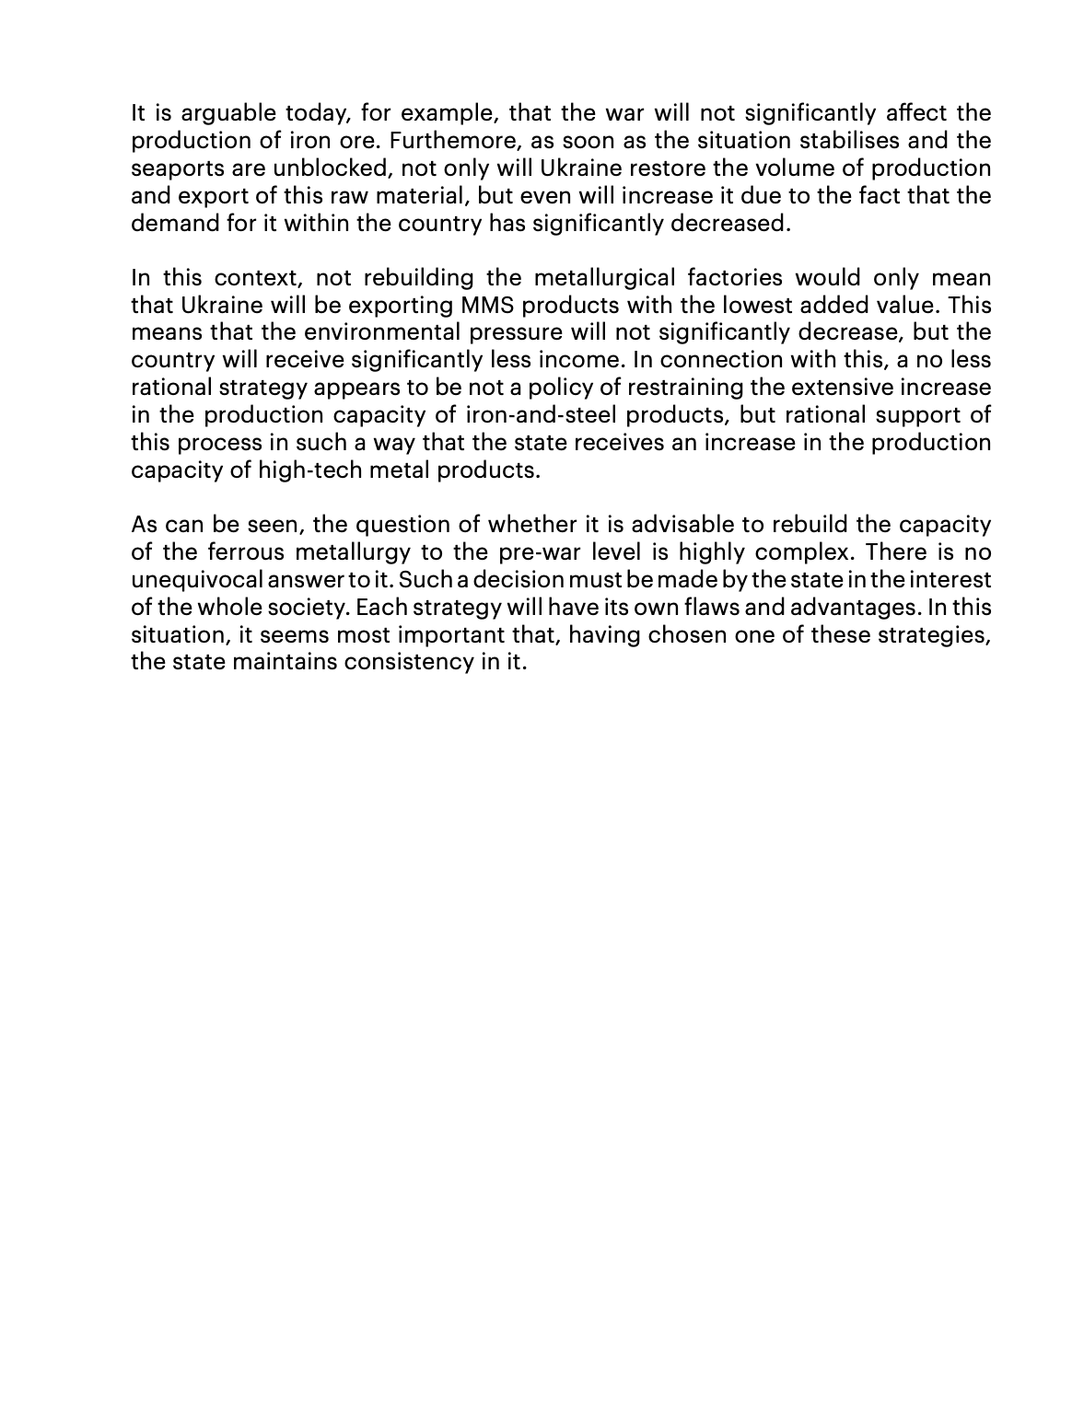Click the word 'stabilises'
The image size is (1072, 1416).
pos(837,142)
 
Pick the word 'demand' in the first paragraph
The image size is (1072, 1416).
pos(174,224)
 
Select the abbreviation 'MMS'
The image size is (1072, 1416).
pos(486,306)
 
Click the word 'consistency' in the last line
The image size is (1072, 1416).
pos(407,662)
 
